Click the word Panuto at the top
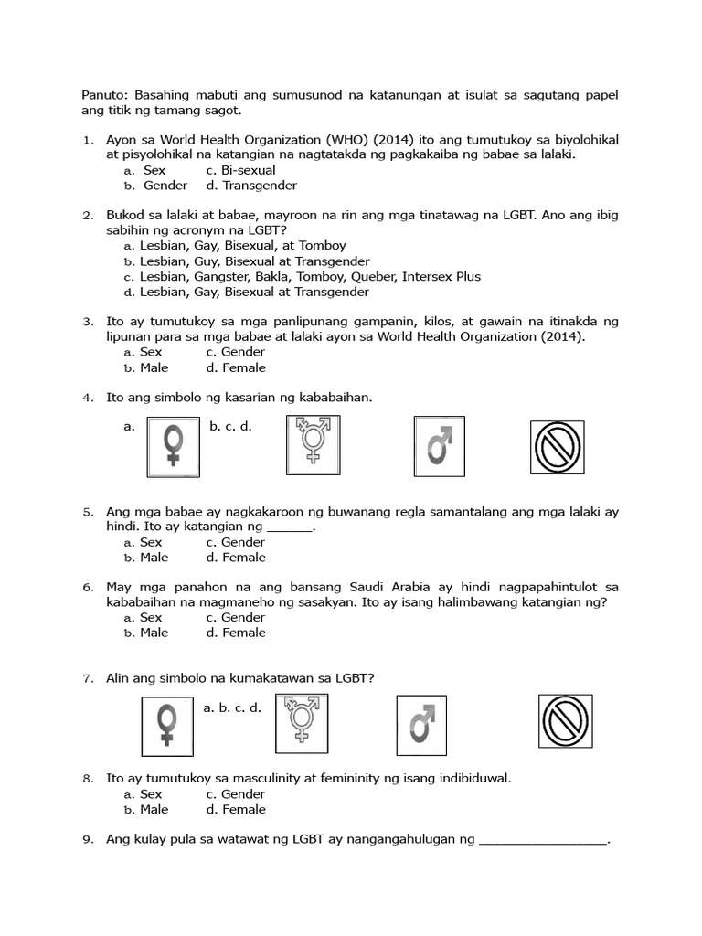pos(96,95)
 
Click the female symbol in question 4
pos(173,446)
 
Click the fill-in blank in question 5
pos(290,526)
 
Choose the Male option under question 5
pos(154,558)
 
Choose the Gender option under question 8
pos(236,794)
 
